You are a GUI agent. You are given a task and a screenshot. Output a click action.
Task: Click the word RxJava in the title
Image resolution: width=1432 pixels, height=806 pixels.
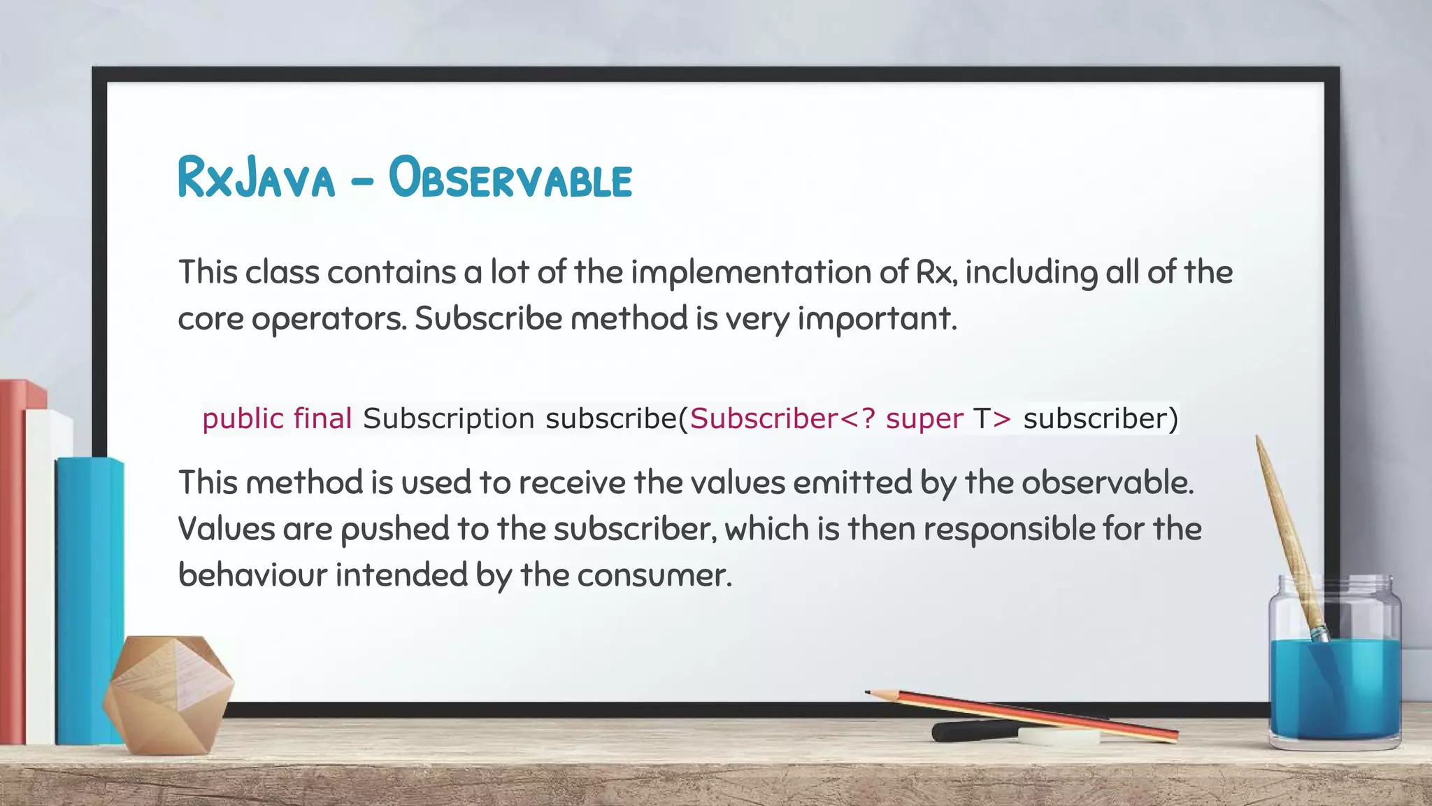point(257,178)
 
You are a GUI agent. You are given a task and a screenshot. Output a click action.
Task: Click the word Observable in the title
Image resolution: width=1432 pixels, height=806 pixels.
point(510,178)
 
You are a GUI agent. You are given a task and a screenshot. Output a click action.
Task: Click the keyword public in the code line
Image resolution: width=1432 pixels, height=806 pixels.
point(243,419)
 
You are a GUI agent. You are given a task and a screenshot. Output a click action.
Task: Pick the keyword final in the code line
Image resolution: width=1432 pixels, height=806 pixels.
point(322,418)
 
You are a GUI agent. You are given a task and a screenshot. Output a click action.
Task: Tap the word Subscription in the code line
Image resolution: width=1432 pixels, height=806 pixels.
point(448,419)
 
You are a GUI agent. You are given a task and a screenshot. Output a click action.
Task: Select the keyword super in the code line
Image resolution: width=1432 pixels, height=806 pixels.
point(924,419)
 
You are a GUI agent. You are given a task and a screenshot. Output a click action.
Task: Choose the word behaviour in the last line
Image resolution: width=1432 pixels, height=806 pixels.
point(252,575)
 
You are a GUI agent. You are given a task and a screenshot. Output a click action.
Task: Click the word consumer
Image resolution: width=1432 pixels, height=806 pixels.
point(654,576)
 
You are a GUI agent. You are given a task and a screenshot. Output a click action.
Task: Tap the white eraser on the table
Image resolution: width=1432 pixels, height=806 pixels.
point(1058,736)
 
